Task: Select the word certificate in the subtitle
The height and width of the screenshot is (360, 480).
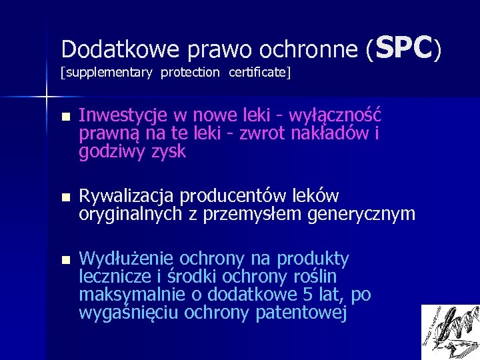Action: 257,72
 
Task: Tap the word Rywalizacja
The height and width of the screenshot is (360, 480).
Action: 127,197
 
